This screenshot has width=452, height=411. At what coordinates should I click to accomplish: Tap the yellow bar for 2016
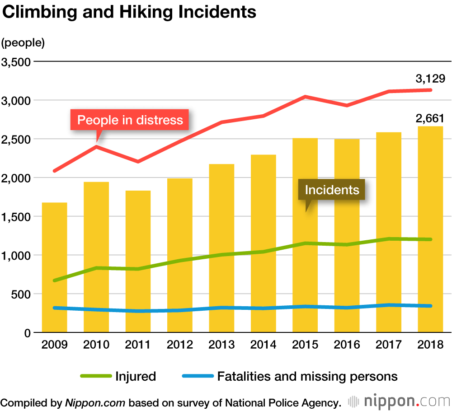click(x=347, y=235)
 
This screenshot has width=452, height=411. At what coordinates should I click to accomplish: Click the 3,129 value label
click(x=430, y=79)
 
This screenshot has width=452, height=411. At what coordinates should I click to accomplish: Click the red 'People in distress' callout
click(x=130, y=120)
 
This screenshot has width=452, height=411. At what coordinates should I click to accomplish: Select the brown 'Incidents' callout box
click(x=332, y=190)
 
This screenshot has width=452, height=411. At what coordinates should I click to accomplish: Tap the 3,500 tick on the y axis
click(x=15, y=61)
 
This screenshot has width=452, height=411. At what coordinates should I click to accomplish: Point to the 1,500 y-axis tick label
click(x=15, y=217)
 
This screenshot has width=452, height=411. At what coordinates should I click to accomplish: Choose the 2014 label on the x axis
click(x=263, y=345)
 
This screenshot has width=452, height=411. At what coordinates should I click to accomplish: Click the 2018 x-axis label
click(x=430, y=345)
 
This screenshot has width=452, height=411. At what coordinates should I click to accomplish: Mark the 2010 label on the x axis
click(x=96, y=345)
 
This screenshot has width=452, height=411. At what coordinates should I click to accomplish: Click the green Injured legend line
click(x=95, y=376)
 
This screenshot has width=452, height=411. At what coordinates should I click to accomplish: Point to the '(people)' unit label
click(x=23, y=43)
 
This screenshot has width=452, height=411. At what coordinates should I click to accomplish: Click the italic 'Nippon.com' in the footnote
click(x=95, y=402)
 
